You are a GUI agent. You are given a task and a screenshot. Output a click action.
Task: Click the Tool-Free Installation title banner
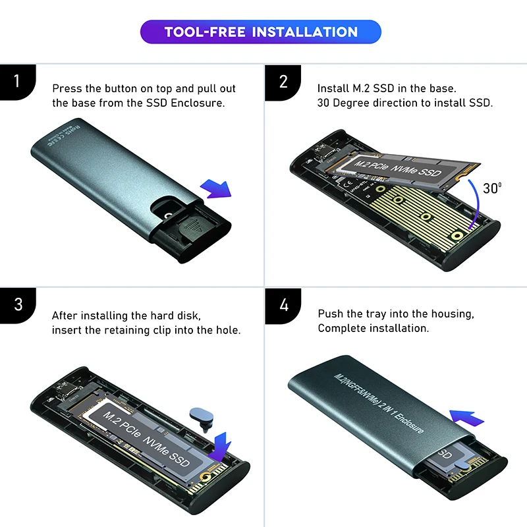[x=261, y=32]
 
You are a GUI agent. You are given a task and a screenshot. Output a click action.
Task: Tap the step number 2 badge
[x=283, y=82]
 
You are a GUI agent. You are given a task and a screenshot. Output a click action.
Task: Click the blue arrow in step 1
[x=215, y=189]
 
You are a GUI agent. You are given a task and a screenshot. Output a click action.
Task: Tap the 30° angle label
[x=491, y=188]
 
